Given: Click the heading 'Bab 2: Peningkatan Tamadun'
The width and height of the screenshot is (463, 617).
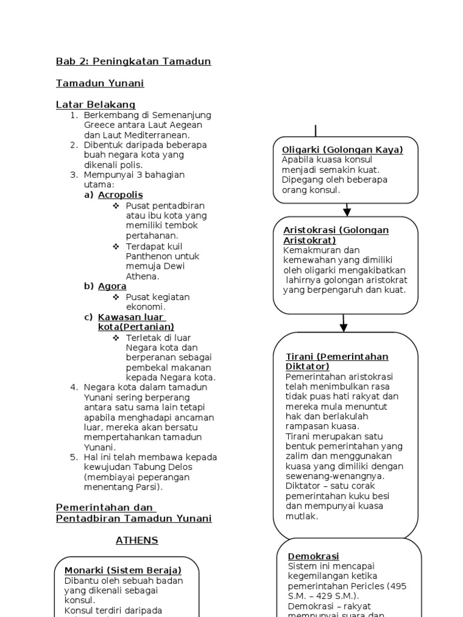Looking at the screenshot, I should coord(133,61).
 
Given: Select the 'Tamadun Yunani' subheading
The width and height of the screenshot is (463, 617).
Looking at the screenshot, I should coord(100,83).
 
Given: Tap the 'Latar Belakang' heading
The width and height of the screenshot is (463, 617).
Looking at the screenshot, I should coord(95,104).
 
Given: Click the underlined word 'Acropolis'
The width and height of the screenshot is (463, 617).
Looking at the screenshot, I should coord(121,195).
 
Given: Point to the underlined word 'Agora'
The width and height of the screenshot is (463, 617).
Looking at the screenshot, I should coord(112,286).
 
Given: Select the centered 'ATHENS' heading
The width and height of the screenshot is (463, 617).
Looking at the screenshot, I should coord(137,540).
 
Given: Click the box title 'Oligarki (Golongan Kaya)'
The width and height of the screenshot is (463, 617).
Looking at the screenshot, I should coord(342,149).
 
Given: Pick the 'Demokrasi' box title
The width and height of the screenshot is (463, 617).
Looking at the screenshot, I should coord(313,556).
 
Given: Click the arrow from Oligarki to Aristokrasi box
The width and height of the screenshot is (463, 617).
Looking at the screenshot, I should coord(347,210).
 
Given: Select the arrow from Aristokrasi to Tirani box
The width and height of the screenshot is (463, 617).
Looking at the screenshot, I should coord(344,323).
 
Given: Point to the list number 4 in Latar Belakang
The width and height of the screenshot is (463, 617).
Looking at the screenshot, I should coord(74,387).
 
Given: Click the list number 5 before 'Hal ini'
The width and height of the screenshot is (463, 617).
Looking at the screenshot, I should coord(74,457).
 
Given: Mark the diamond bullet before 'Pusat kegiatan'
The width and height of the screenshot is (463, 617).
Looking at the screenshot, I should coord(116,297).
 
